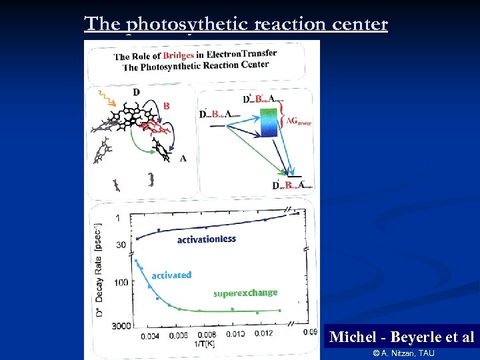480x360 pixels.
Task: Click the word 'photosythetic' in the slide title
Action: pos(181,25)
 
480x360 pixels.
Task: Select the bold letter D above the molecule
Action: pos(136,92)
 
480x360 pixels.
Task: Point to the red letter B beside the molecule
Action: pos(166,106)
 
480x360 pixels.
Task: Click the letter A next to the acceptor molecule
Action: pos(183,158)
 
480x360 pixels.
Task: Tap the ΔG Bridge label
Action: pos(298,120)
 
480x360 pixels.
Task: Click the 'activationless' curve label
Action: pos(206,239)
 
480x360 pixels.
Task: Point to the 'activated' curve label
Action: pos(171,275)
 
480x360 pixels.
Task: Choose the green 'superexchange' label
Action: pos(245,293)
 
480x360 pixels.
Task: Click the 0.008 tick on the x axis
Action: pos(207,335)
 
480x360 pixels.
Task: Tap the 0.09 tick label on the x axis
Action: pos(310,332)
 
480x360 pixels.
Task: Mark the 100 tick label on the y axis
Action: pos(120,283)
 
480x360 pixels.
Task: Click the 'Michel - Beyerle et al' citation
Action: pos(402,337)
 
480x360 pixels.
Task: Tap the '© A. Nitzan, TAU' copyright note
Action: pos(403,353)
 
